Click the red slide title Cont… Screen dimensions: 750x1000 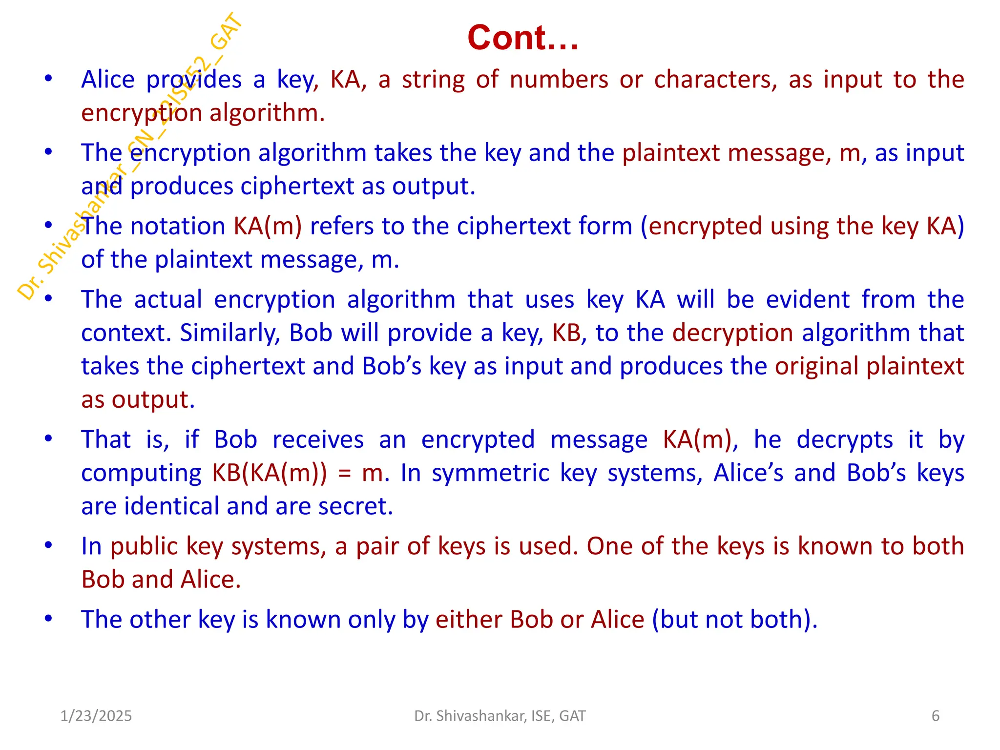pyautogui.click(x=522, y=38)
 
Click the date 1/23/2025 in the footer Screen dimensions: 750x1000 pyautogui.click(x=96, y=716)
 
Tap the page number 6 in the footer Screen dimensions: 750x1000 pyautogui.click(x=935, y=716)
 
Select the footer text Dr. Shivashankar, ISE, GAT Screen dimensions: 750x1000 pyautogui.click(x=500, y=716)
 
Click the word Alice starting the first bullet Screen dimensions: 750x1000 pyautogui.click(x=107, y=80)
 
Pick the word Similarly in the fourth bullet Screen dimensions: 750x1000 pyautogui.click(x=230, y=333)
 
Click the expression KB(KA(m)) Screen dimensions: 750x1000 pyautogui.click(x=270, y=473)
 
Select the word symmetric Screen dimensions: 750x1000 pyautogui.click(x=490, y=473)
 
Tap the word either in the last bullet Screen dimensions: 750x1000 pyautogui.click(x=468, y=620)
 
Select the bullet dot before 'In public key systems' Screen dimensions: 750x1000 pyautogui.click(x=48, y=545)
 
